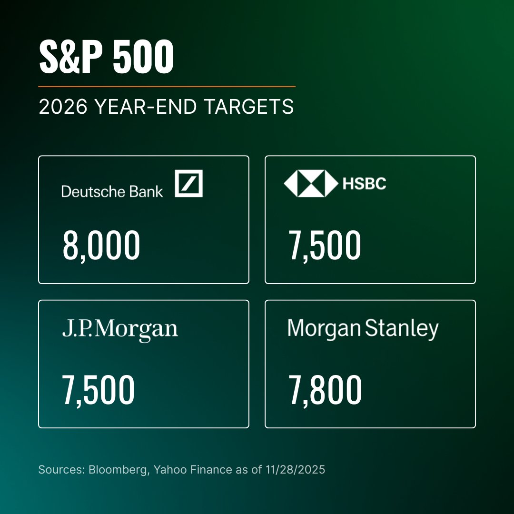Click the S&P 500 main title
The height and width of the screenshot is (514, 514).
coord(106,57)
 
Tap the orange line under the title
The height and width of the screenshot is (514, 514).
coord(167,87)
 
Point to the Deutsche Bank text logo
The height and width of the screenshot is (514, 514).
coord(112,191)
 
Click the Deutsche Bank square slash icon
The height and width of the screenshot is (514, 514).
coord(188,183)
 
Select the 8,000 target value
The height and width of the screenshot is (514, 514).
coord(101,246)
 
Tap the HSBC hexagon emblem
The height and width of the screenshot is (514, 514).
coord(310,183)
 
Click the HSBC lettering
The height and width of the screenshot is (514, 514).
coord(364,184)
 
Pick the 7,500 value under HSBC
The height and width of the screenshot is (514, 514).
coord(325,246)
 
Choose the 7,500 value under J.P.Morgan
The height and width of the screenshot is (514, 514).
coord(99,390)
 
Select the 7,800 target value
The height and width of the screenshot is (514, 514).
coord(325,390)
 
